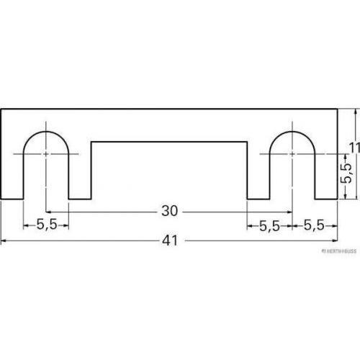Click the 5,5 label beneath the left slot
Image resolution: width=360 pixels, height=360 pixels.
(x=46, y=225)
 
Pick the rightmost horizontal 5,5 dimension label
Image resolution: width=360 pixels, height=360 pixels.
(x=314, y=225)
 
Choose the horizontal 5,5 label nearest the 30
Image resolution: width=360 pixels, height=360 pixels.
(x=269, y=225)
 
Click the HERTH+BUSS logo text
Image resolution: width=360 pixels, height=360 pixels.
(x=338, y=251)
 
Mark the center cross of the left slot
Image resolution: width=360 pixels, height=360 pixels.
(x=46, y=154)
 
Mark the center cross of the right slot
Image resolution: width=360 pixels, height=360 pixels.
(x=292, y=154)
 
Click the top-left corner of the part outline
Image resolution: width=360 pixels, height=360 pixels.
(x=1, y=109)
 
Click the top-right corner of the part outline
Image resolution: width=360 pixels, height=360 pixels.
(x=338, y=109)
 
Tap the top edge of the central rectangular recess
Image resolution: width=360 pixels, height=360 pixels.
(x=169, y=142)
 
